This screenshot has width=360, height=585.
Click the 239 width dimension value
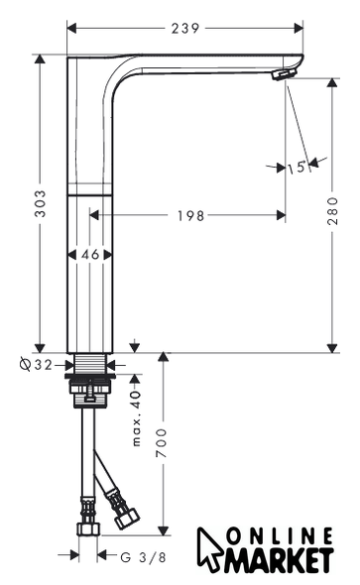[185, 29]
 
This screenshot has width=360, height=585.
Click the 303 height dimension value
[40, 203]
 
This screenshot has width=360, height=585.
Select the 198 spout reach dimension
[190, 215]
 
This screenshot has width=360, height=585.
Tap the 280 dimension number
[331, 211]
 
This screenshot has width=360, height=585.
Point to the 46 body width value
[90, 255]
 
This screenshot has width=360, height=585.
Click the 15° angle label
[297, 167]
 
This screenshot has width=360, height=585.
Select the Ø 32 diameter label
[36, 364]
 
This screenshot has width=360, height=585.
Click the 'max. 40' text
[137, 417]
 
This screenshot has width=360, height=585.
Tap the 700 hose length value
[162, 443]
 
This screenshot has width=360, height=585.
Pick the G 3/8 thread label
[143, 557]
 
